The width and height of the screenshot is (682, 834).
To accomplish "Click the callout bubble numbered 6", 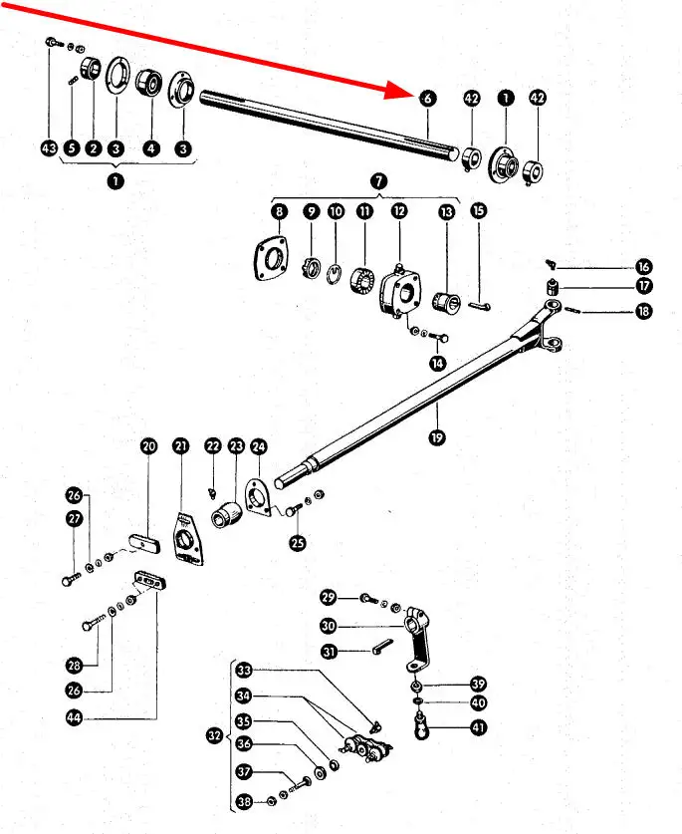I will [x=426, y=99].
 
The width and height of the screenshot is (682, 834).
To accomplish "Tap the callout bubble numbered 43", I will [x=49, y=147].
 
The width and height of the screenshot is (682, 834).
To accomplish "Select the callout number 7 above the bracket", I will [x=378, y=181].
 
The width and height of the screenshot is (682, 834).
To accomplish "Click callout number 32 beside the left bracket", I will [x=214, y=735].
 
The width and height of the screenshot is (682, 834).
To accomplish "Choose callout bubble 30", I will [x=329, y=626].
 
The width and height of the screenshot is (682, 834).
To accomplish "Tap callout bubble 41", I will [x=479, y=727].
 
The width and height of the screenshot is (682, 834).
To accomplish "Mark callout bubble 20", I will [x=148, y=446].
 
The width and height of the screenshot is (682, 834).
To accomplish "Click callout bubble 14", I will [x=437, y=363].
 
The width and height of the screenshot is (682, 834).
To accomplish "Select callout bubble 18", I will [x=645, y=313].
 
